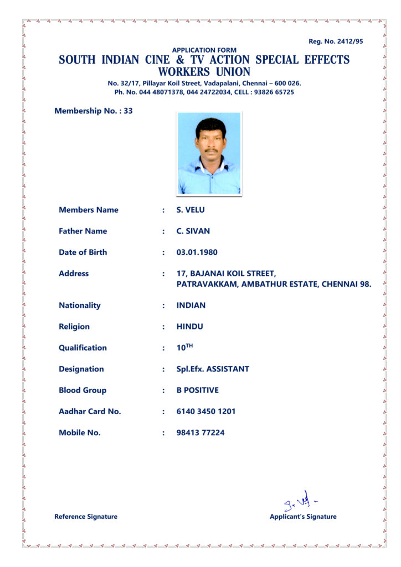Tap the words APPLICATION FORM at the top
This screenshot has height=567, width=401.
pos(204,50)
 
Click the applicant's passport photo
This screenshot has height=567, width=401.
pos(209,153)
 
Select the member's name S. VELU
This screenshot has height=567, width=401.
pos(191,210)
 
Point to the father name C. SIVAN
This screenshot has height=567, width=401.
pos(193,231)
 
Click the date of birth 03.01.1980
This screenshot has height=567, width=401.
pos(197,252)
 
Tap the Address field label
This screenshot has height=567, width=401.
pos(74,274)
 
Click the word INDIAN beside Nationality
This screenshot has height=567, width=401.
pos(191,306)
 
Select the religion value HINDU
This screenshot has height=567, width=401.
pos(190,327)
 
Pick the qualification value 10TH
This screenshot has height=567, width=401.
pos(184,348)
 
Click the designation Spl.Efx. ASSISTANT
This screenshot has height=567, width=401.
pos(213,369)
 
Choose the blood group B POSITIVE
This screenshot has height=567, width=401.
pos(198,390)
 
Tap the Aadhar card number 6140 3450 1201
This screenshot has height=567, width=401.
pos(206,411)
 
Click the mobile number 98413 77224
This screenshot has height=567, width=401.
pos(200,432)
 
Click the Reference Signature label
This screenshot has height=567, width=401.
pos(86,517)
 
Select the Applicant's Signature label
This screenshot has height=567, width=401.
pos(303,517)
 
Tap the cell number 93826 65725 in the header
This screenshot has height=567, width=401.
pos(275,92)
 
